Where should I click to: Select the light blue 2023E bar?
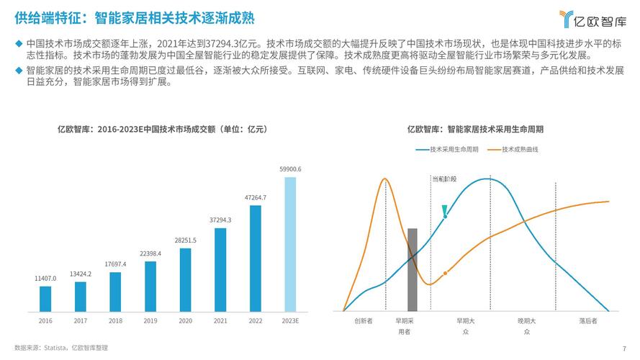[x=290, y=244]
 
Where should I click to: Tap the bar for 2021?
[x=220, y=270]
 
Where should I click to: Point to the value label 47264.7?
[x=256, y=197]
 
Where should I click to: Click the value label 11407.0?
[x=45, y=278]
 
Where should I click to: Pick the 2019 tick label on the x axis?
[x=150, y=320]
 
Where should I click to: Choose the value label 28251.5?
[x=185, y=240]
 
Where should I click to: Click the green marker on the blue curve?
[x=446, y=211]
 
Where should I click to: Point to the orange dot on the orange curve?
[x=446, y=273]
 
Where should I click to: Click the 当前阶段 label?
[x=443, y=178]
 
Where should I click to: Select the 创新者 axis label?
[x=364, y=321]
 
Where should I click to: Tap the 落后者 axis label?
[x=588, y=321]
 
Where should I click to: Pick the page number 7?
[x=624, y=348]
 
